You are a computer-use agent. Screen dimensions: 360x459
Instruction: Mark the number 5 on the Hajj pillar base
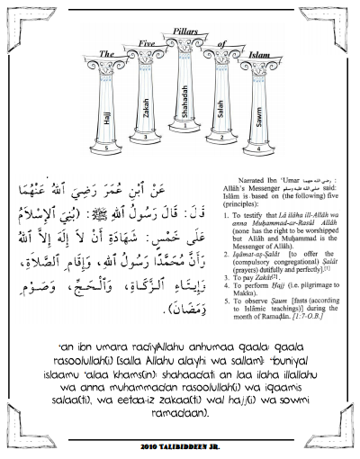(x=107, y=147)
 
